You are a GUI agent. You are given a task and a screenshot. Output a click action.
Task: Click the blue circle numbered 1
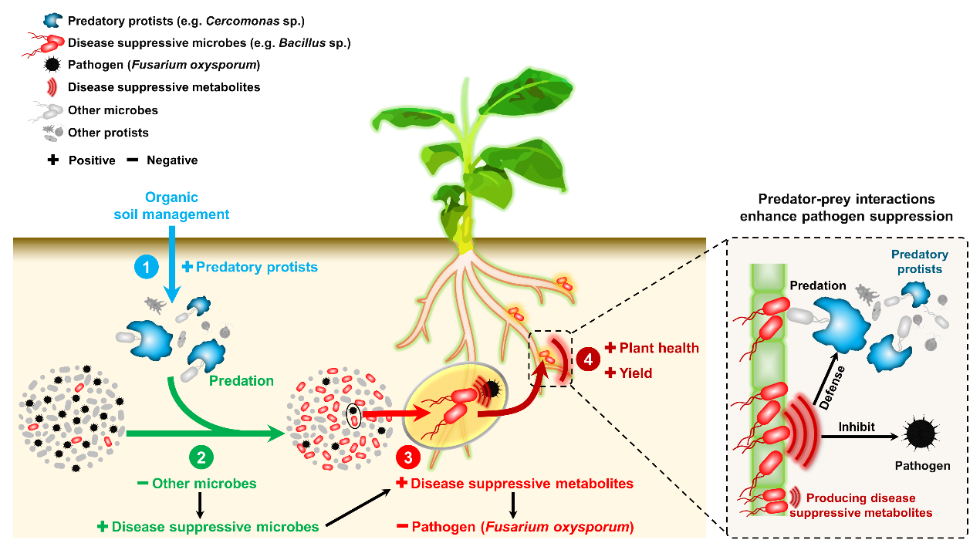146,267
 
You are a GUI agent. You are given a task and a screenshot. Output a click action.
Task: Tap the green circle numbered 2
201,457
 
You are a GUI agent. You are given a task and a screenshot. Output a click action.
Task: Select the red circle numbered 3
407,457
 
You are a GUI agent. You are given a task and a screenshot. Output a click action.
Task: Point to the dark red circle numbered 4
589,359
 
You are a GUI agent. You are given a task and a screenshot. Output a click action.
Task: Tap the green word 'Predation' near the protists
242,380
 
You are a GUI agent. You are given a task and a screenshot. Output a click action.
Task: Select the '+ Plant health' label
652,349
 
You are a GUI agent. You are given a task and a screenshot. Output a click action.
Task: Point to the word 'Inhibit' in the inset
856,426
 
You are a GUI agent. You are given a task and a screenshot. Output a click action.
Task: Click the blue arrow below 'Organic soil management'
171,262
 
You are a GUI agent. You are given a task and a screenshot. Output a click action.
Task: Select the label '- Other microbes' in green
197,484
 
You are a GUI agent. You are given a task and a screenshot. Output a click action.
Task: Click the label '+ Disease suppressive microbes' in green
208,527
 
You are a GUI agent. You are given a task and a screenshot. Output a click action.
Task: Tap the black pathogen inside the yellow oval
492,389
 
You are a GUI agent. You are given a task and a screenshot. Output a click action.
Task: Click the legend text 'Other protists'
108,133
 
